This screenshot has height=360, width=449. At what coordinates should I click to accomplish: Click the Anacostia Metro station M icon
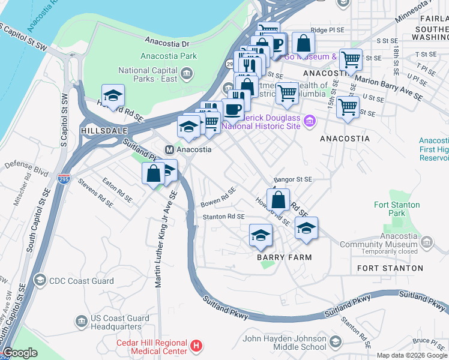pos(170,149)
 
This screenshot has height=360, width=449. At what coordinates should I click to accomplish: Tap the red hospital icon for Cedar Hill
pos(196,346)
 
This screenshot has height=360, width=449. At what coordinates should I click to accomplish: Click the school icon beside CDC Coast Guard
pos(40,280)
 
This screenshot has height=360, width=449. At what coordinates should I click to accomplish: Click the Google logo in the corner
pos(20,353)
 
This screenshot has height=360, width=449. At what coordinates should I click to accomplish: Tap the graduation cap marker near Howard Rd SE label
pos(113,95)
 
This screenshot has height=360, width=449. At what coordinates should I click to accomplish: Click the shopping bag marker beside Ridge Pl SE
pos(304,43)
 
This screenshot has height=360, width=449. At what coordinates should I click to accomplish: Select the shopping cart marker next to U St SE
pos(348,107)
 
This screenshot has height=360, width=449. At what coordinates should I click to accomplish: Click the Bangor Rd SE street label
pos(293,179)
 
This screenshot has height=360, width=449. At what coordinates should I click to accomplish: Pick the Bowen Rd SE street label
pos(218,194)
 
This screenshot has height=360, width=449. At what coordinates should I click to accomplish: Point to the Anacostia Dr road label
pos(167,43)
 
